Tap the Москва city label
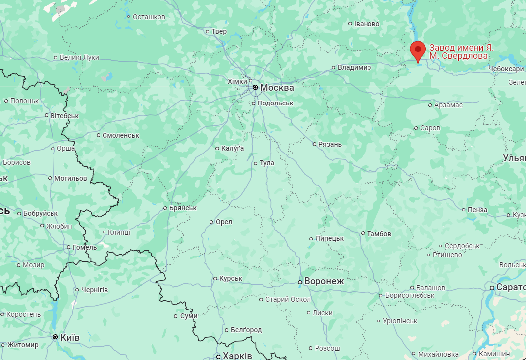pyautogui.click(x=277, y=88)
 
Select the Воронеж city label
pyautogui.click(x=324, y=281)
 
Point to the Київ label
pyautogui.click(x=70, y=337)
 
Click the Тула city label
pyautogui.click(x=267, y=163)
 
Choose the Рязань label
pyautogui.click(x=330, y=144)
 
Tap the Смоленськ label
pyautogui.click(x=121, y=135)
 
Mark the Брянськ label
pyautogui.click(x=183, y=208)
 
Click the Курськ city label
pyautogui.click(x=230, y=278)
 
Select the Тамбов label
pyautogui.click(x=379, y=233)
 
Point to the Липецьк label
pyautogui.click(x=329, y=238)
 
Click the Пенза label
pyautogui.click(x=477, y=210)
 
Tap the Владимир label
pyautogui.click(x=354, y=67)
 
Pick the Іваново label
pyautogui.click(x=367, y=24)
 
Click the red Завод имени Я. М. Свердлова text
pyautogui.click(x=461, y=51)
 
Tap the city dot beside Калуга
pyautogui.click(x=217, y=148)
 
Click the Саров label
pyautogui.click(x=430, y=128)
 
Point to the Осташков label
pyautogui.click(x=149, y=17)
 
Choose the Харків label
pyautogui.click(x=237, y=356)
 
